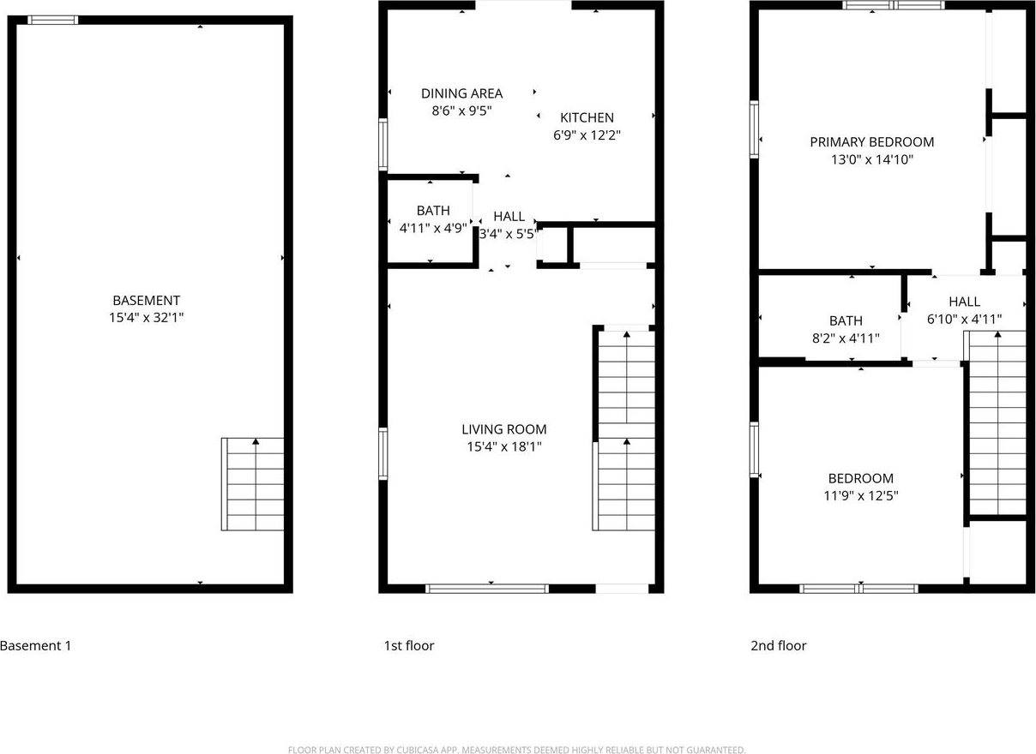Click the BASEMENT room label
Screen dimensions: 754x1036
(x=147, y=301)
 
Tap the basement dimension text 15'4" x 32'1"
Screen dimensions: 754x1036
(x=147, y=317)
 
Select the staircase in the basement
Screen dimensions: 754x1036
(x=253, y=484)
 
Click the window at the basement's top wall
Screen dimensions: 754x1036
(x=52, y=20)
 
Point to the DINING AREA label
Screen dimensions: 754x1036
(x=461, y=93)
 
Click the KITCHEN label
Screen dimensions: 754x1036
(x=587, y=117)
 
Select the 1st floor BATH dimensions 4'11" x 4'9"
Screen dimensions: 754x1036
(x=433, y=228)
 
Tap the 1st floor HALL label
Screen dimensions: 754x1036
(x=509, y=217)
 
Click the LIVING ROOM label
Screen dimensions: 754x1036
(x=503, y=429)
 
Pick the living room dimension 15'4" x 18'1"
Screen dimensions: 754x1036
(x=503, y=446)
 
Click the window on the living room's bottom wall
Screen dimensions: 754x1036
(x=487, y=589)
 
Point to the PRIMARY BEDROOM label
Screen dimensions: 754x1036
(x=871, y=142)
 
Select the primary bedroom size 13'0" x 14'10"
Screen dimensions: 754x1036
(x=871, y=159)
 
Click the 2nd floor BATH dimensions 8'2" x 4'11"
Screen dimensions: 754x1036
(x=846, y=338)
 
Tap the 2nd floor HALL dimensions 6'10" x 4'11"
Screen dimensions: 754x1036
(x=964, y=319)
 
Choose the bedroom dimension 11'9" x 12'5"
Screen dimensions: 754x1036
(x=860, y=495)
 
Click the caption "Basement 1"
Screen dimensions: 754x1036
(x=36, y=646)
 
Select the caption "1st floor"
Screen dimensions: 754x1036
(x=408, y=646)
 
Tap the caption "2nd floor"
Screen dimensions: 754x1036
(x=778, y=646)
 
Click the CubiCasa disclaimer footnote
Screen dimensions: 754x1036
(x=517, y=750)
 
